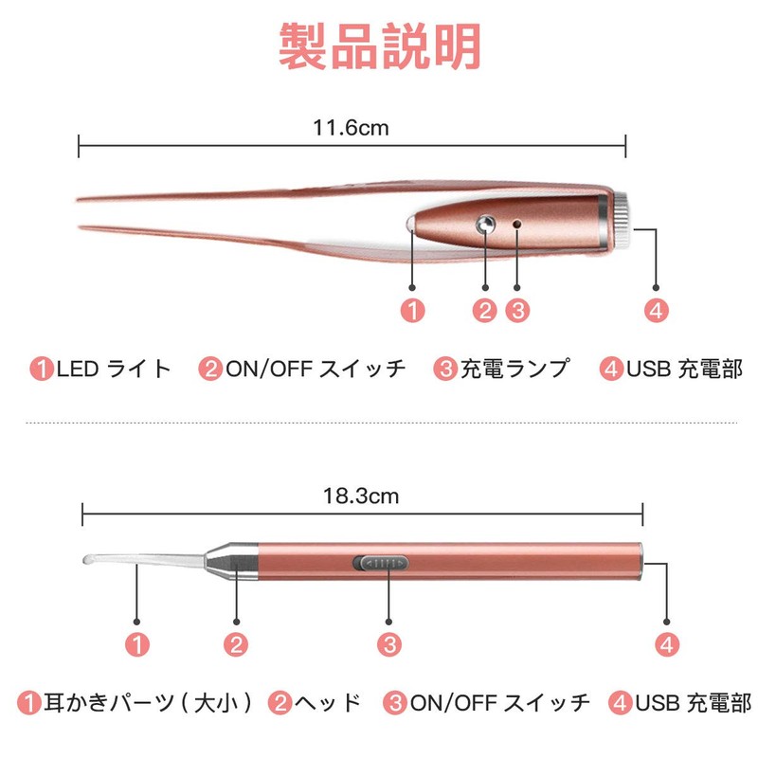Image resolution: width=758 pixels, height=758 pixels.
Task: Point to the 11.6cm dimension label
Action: (x=351, y=128)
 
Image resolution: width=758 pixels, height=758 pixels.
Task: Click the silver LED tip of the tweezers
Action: (x=414, y=225)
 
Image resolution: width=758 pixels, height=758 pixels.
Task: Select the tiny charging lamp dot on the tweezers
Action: (x=516, y=224)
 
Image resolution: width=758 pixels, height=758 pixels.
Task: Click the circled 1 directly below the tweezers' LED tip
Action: (x=412, y=309)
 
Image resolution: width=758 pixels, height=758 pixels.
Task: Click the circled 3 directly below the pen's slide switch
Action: (x=388, y=644)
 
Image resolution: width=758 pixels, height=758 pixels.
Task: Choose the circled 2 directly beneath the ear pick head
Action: (x=237, y=644)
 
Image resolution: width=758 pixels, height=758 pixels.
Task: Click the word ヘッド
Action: (x=327, y=702)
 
